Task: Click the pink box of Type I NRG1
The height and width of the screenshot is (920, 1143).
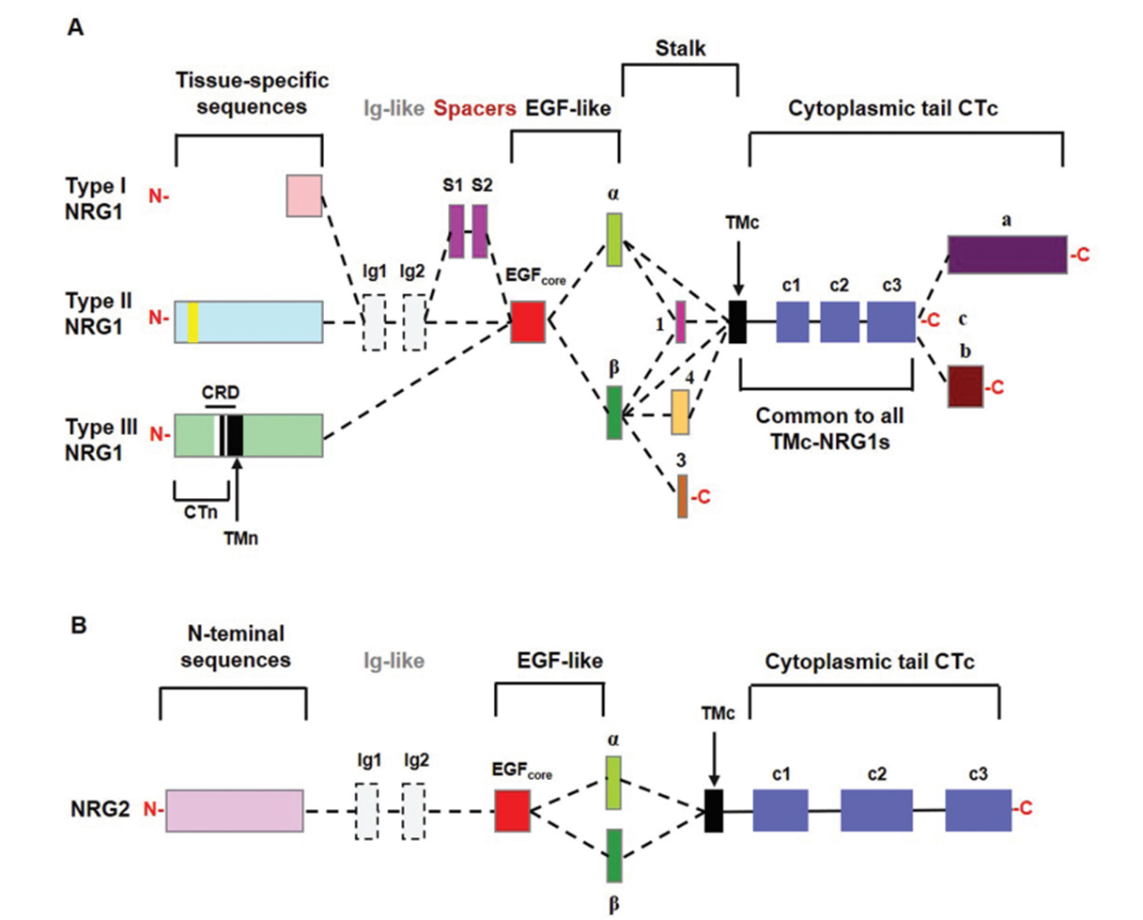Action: click(x=304, y=195)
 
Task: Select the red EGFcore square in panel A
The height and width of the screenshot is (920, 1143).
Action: click(x=528, y=322)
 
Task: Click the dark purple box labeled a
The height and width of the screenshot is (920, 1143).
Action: click(x=1007, y=254)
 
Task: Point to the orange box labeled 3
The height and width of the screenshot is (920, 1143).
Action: click(x=683, y=497)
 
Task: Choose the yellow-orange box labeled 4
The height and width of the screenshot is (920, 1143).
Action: click(x=680, y=411)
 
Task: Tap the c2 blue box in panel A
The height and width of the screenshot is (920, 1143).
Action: click(x=840, y=322)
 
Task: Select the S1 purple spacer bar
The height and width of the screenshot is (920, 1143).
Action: click(x=457, y=232)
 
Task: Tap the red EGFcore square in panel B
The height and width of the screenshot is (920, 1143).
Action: click(x=513, y=810)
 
